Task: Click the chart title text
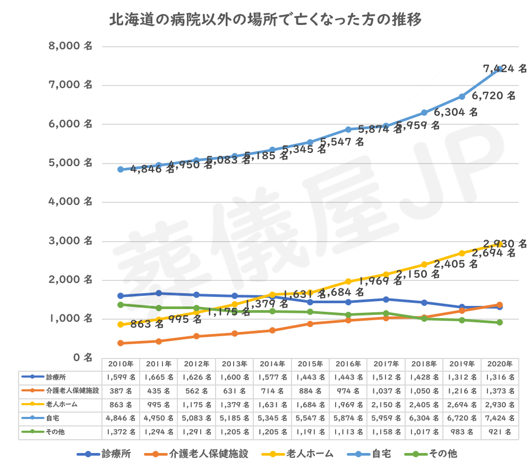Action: (265, 21)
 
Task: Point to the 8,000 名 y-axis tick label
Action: (71, 46)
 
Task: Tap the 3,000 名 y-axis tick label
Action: (71, 241)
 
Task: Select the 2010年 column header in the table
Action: (121, 364)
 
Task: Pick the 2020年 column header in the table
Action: (500, 364)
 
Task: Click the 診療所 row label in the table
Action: (56, 377)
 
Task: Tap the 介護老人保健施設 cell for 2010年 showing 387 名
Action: (121, 391)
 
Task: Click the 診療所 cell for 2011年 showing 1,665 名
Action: (158, 377)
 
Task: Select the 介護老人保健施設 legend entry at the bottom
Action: (207, 454)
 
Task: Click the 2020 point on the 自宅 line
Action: (500, 69)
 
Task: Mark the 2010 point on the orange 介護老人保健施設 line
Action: (121, 343)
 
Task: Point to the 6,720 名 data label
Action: (494, 96)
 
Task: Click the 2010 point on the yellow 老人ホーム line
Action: (121, 324)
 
